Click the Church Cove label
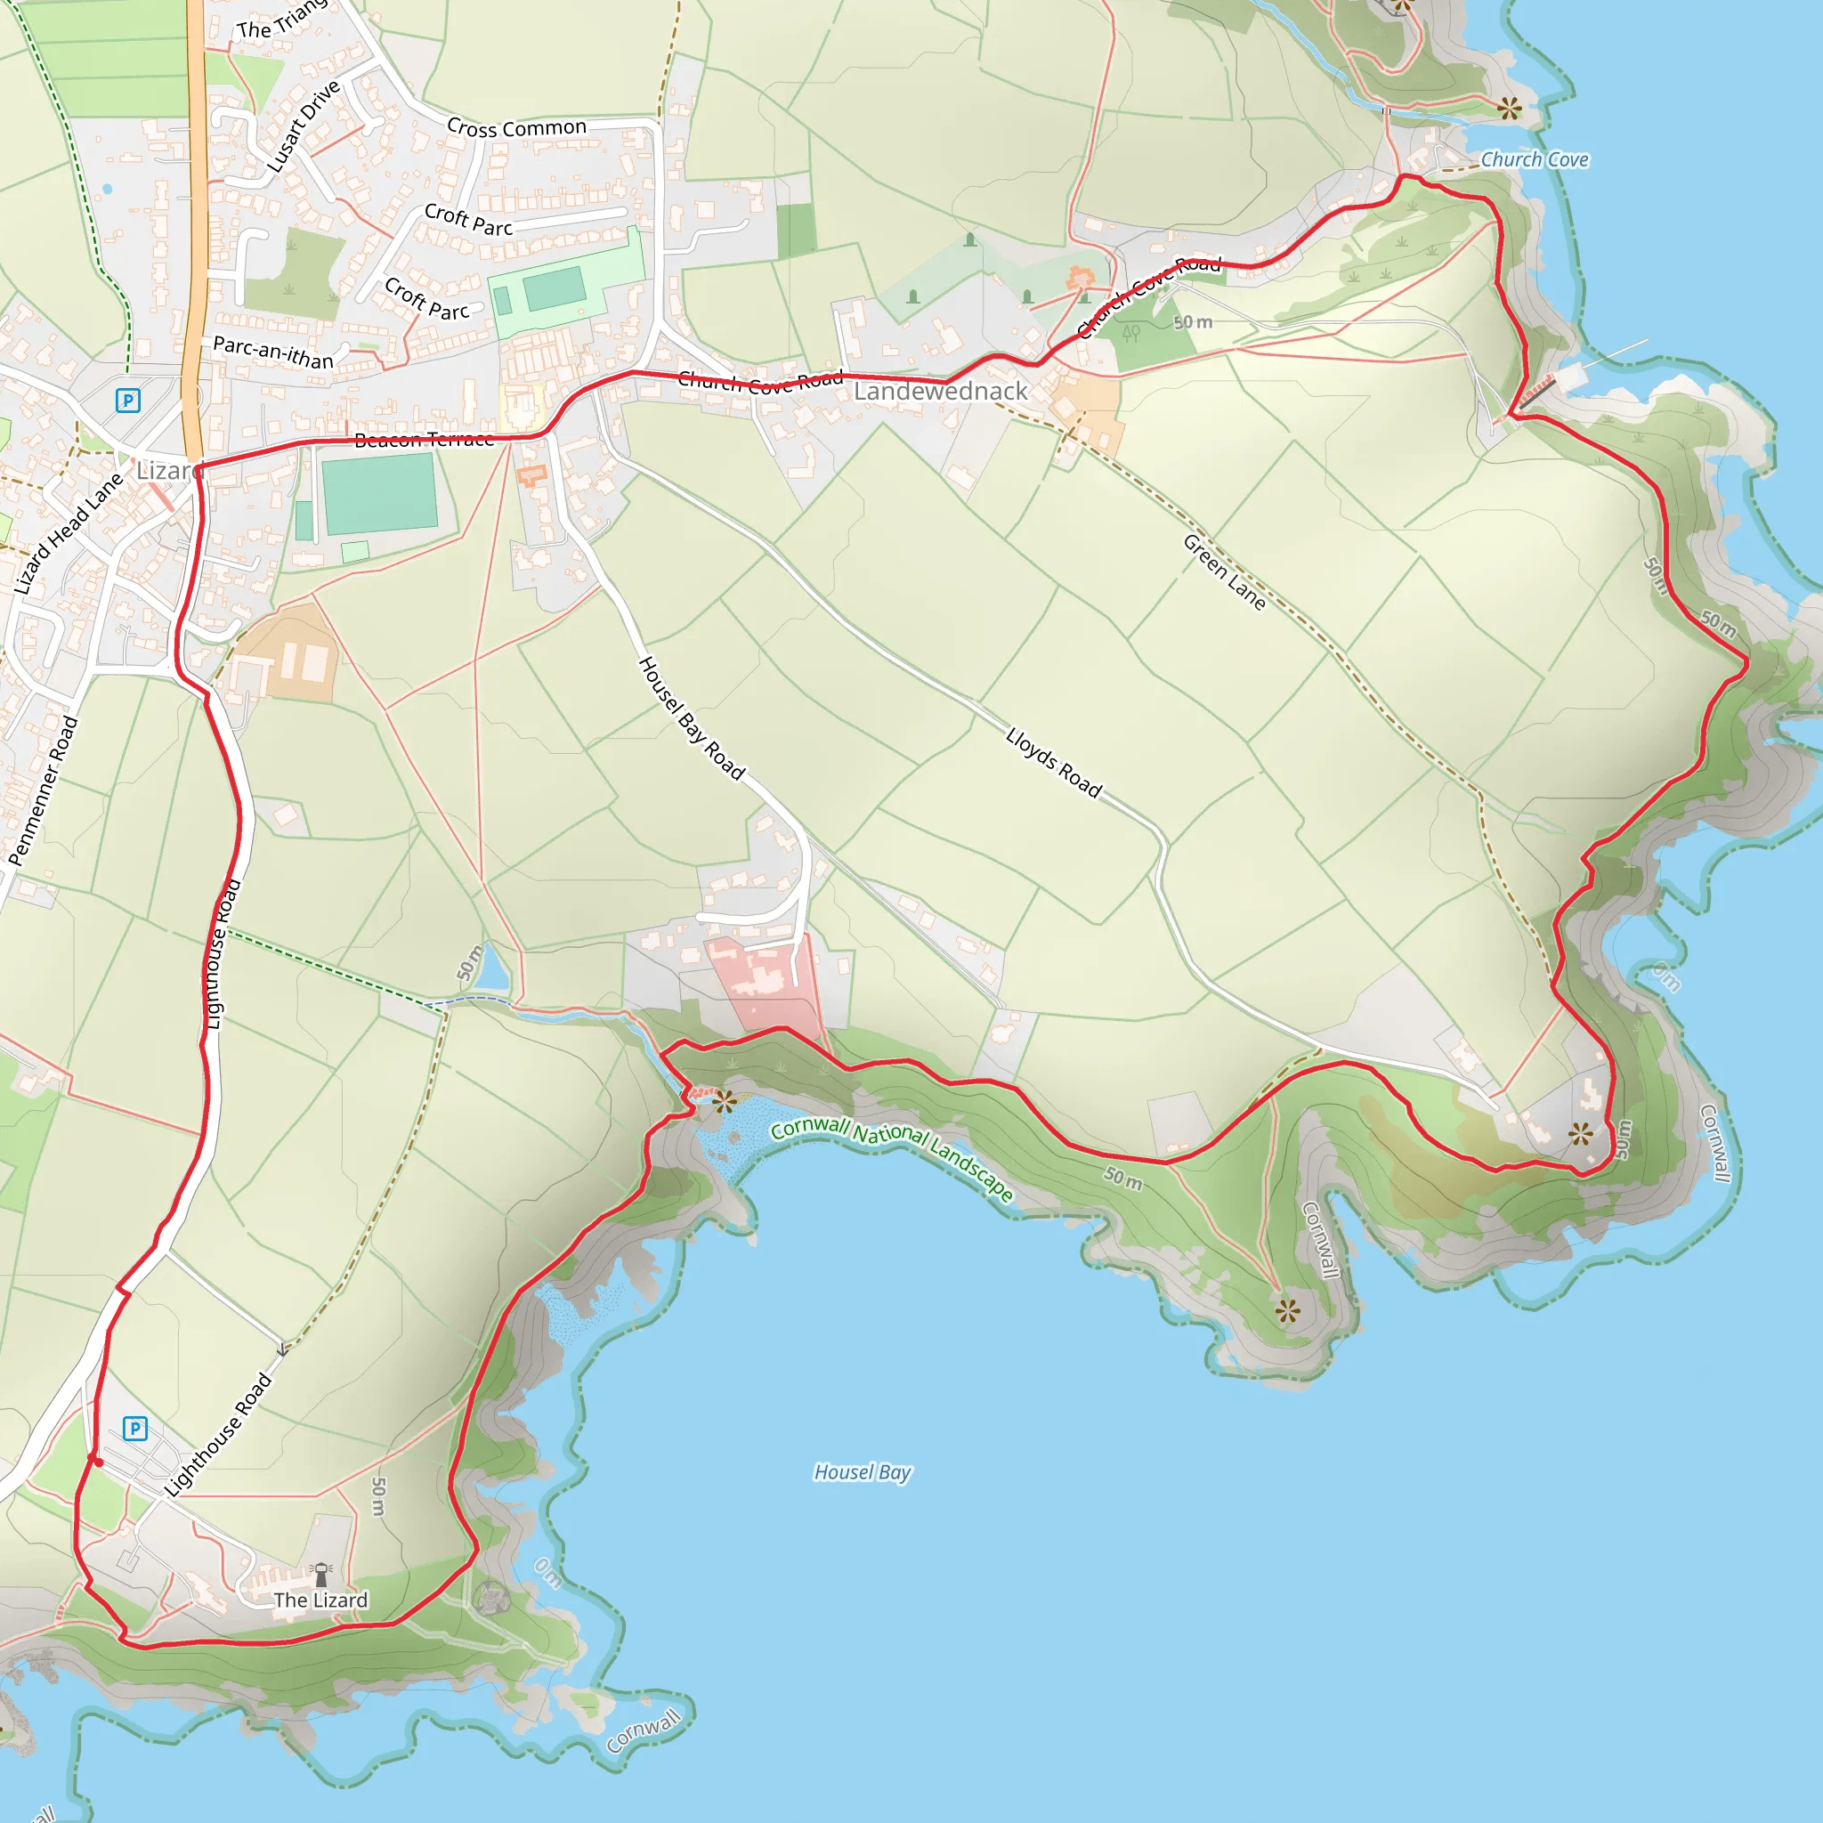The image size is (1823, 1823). click(x=1535, y=159)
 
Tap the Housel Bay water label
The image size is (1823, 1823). click(x=863, y=1472)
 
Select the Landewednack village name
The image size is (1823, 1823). click(x=940, y=391)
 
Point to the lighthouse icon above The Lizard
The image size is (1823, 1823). click(x=320, y=1574)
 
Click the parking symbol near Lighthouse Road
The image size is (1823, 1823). click(x=135, y=1429)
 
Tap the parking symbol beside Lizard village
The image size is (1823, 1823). click(x=127, y=400)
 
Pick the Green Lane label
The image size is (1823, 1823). click(x=1224, y=571)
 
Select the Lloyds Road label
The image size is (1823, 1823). click(x=1053, y=763)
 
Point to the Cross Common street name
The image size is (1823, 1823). click(x=516, y=127)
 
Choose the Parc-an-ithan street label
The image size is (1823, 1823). click(x=272, y=352)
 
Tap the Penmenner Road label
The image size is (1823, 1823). click(x=43, y=790)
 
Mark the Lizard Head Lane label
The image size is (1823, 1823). click(x=68, y=534)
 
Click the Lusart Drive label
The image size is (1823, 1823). click(x=302, y=127)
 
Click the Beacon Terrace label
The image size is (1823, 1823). click(x=424, y=439)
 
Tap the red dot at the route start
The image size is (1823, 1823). click(x=97, y=1462)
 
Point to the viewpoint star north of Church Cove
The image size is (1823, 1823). click(x=1509, y=108)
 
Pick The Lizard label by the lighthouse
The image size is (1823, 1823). click(x=320, y=1600)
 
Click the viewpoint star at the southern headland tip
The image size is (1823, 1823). click(x=1287, y=1310)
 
